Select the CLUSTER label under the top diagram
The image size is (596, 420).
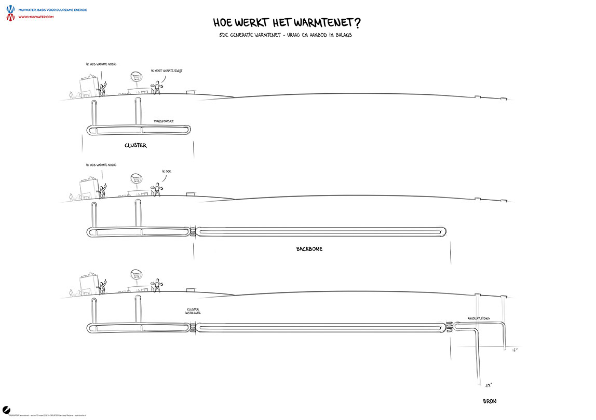tap(136, 146)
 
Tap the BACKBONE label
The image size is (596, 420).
tap(309, 249)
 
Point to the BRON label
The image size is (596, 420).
tap(490, 401)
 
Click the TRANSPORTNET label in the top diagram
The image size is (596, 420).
tap(164, 121)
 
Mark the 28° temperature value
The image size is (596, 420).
tap(488, 385)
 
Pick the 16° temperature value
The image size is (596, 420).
tap(515, 351)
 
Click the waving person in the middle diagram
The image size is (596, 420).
tap(103, 190)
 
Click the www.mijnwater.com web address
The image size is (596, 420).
tap(36, 17)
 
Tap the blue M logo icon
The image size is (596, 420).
tap(10, 9)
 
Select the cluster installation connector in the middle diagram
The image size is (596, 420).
tap(194, 232)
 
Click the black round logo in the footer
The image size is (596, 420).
tap(7, 409)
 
